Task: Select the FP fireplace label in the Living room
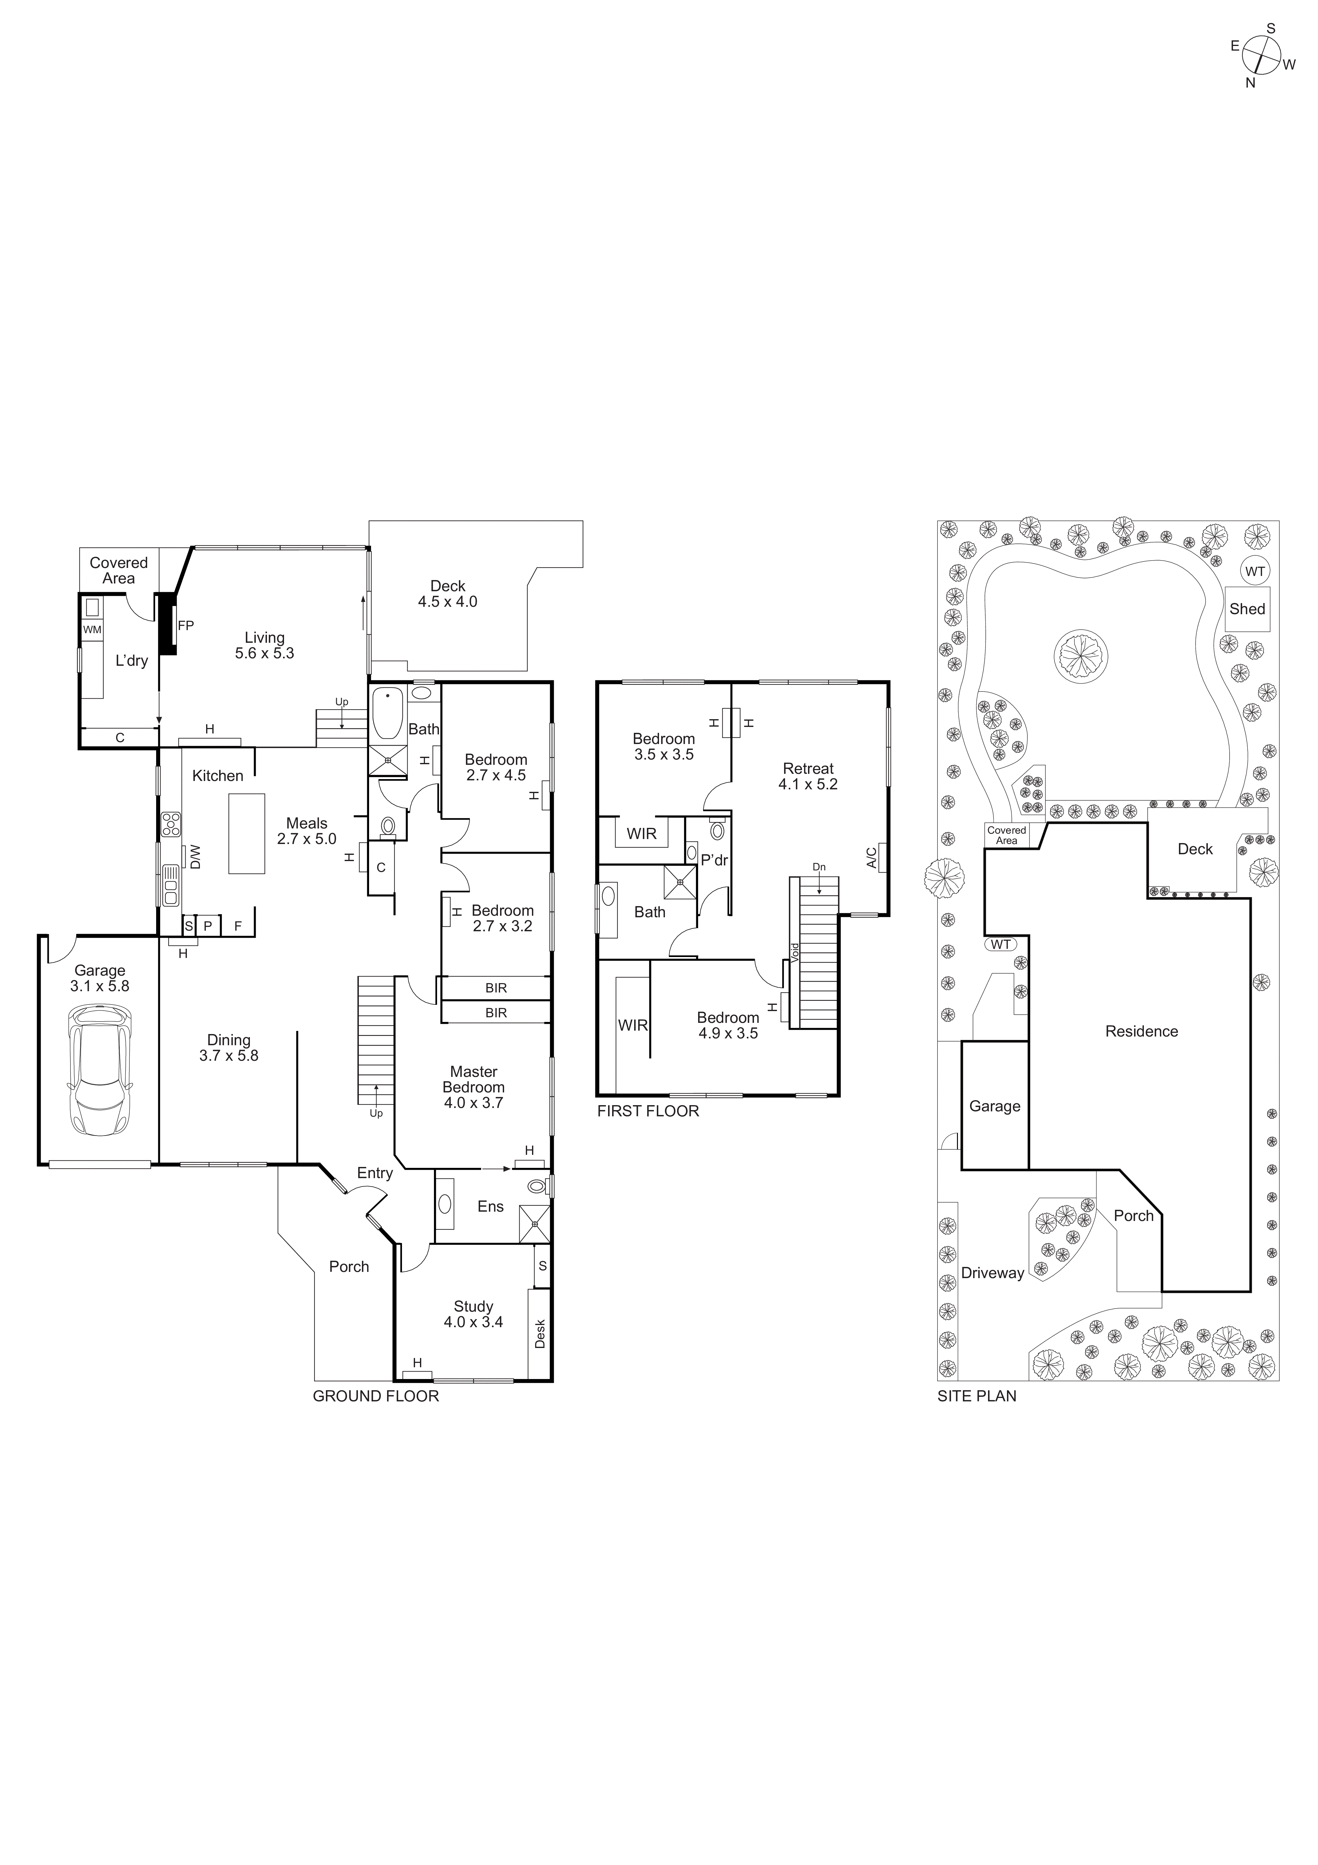tap(186, 625)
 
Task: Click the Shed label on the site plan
tap(1247, 609)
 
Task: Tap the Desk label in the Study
tap(540, 1333)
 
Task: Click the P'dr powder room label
tap(715, 860)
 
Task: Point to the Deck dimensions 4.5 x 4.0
tap(447, 602)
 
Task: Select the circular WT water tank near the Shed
tap(1255, 571)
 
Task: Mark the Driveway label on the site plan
tap(992, 1273)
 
